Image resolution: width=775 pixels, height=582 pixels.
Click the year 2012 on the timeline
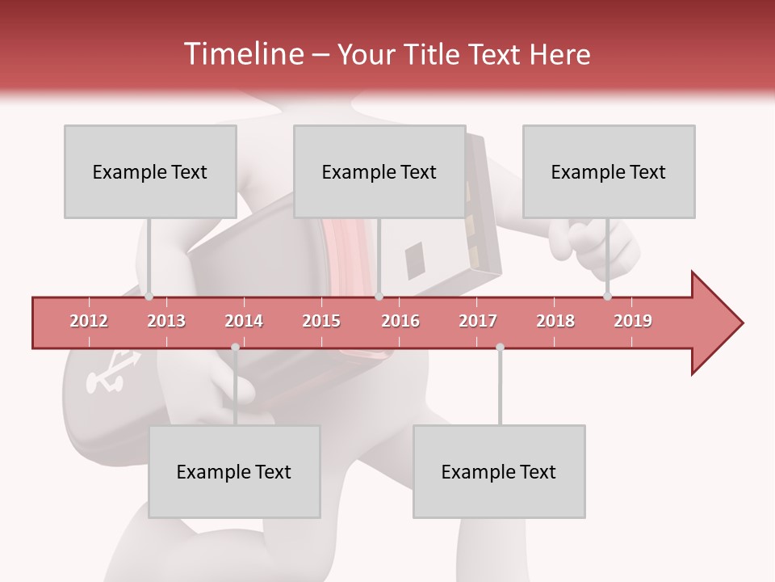coord(89,321)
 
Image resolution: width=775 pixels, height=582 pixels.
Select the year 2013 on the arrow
coord(166,321)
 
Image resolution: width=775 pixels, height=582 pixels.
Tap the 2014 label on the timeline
coord(244,321)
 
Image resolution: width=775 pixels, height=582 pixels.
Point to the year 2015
coord(321,321)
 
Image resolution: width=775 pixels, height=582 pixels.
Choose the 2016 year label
coord(400,321)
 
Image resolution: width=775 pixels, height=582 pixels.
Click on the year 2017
coord(478,321)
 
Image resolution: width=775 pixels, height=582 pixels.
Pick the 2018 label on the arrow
coord(555,321)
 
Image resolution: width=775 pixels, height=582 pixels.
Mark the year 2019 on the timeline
coord(633,321)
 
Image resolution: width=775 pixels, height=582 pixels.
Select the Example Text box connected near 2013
coord(150,171)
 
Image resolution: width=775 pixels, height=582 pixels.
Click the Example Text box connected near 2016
coord(379,171)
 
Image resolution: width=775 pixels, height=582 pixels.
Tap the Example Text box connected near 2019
coord(609,171)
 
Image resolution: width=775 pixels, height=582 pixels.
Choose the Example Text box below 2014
coord(234,471)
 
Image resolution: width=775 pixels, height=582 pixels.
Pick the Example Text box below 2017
coord(499,471)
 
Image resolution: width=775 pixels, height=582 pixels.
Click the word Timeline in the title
coord(242,54)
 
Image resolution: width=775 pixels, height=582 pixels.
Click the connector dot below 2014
coord(235,348)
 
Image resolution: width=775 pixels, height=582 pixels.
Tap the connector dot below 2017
coord(500,348)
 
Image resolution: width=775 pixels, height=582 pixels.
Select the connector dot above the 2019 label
coord(608,297)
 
